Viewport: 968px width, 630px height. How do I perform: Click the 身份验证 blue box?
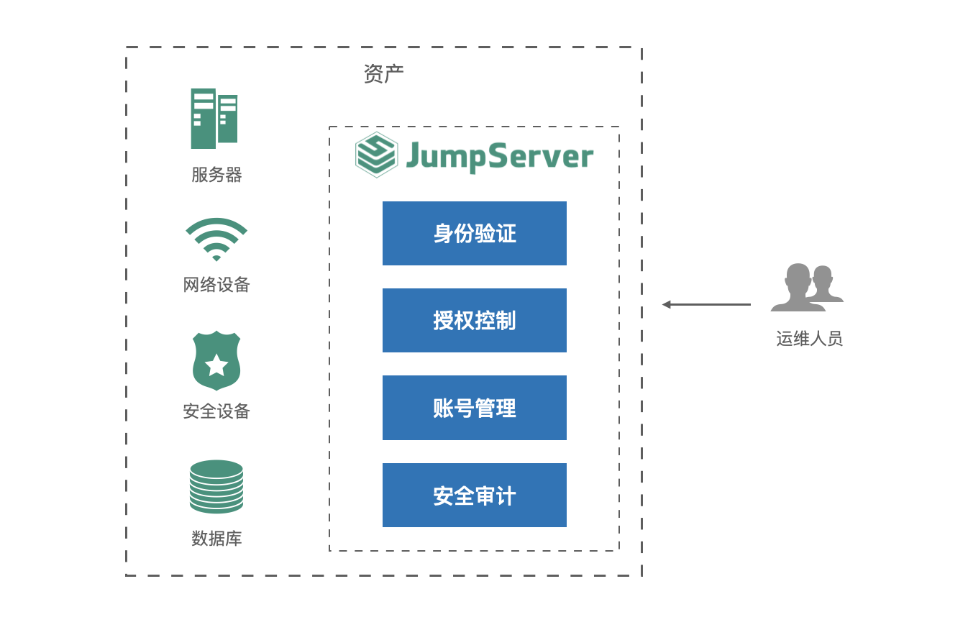[x=475, y=234]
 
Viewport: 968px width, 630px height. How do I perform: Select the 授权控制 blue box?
[x=475, y=321]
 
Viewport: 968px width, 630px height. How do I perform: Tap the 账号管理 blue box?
[x=475, y=408]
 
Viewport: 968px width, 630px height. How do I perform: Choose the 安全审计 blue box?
[x=475, y=496]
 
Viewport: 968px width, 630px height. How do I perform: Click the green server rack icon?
[x=214, y=119]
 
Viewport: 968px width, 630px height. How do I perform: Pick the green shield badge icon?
[x=216, y=360]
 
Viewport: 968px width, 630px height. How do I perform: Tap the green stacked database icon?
[x=216, y=487]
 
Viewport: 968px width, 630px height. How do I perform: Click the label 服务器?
[x=216, y=175]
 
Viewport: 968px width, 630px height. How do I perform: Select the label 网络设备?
[x=216, y=285]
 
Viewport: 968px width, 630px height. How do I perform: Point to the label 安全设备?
[x=216, y=411]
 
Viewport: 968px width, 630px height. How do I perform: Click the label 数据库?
[x=216, y=538]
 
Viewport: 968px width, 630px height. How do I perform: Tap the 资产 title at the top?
[x=383, y=73]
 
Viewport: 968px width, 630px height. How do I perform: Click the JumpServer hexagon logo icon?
[x=376, y=155]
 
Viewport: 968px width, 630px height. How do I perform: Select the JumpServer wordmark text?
[x=500, y=156]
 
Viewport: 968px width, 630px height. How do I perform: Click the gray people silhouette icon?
[x=807, y=288]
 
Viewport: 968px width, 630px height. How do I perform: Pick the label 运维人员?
[x=809, y=339]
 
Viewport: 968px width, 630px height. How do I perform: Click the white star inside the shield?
[x=216, y=365]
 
